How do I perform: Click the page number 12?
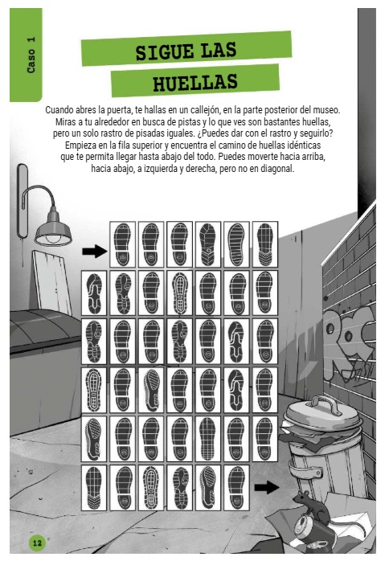tap(37, 543)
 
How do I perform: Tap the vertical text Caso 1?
tap(31, 55)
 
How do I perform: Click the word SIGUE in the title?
tap(164, 52)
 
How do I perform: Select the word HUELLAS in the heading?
tap(195, 82)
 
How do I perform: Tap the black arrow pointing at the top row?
tap(95, 251)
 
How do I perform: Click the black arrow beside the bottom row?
tap(267, 487)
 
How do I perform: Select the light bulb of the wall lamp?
tap(53, 239)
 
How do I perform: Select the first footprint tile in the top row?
tap(122, 244)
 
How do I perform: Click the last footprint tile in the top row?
tap(265, 244)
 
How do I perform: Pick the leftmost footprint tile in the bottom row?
tap(94, 488)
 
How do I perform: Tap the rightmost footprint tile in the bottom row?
tap(236, 488)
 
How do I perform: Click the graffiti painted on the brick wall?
tap(349, 343)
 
